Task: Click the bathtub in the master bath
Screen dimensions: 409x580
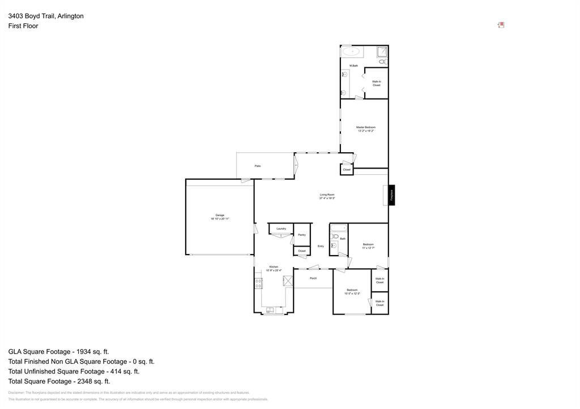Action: click(351, 51)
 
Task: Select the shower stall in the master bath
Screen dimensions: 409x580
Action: click(383, 51)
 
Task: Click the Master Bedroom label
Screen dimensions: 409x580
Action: click(365, 127)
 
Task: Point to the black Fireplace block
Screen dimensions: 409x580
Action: click(391, 195)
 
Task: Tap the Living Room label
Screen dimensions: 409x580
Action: click(327, 195)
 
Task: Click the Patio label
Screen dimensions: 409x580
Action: click(258, 166)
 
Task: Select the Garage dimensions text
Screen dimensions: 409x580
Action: click(220, 218)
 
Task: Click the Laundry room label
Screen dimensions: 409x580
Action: click(281, 229)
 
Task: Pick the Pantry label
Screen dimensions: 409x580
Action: click(301, 234)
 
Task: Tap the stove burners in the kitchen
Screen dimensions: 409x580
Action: click(258, 283)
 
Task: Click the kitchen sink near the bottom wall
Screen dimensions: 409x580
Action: click(270, 309)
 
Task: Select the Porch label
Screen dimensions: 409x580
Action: click(313, 278)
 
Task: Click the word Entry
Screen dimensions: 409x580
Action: click(321, 246)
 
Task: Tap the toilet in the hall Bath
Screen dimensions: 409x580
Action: click(334, 246)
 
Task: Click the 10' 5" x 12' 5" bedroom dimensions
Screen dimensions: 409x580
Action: click(352, 293)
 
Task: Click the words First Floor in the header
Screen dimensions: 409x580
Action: click(23, 26)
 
